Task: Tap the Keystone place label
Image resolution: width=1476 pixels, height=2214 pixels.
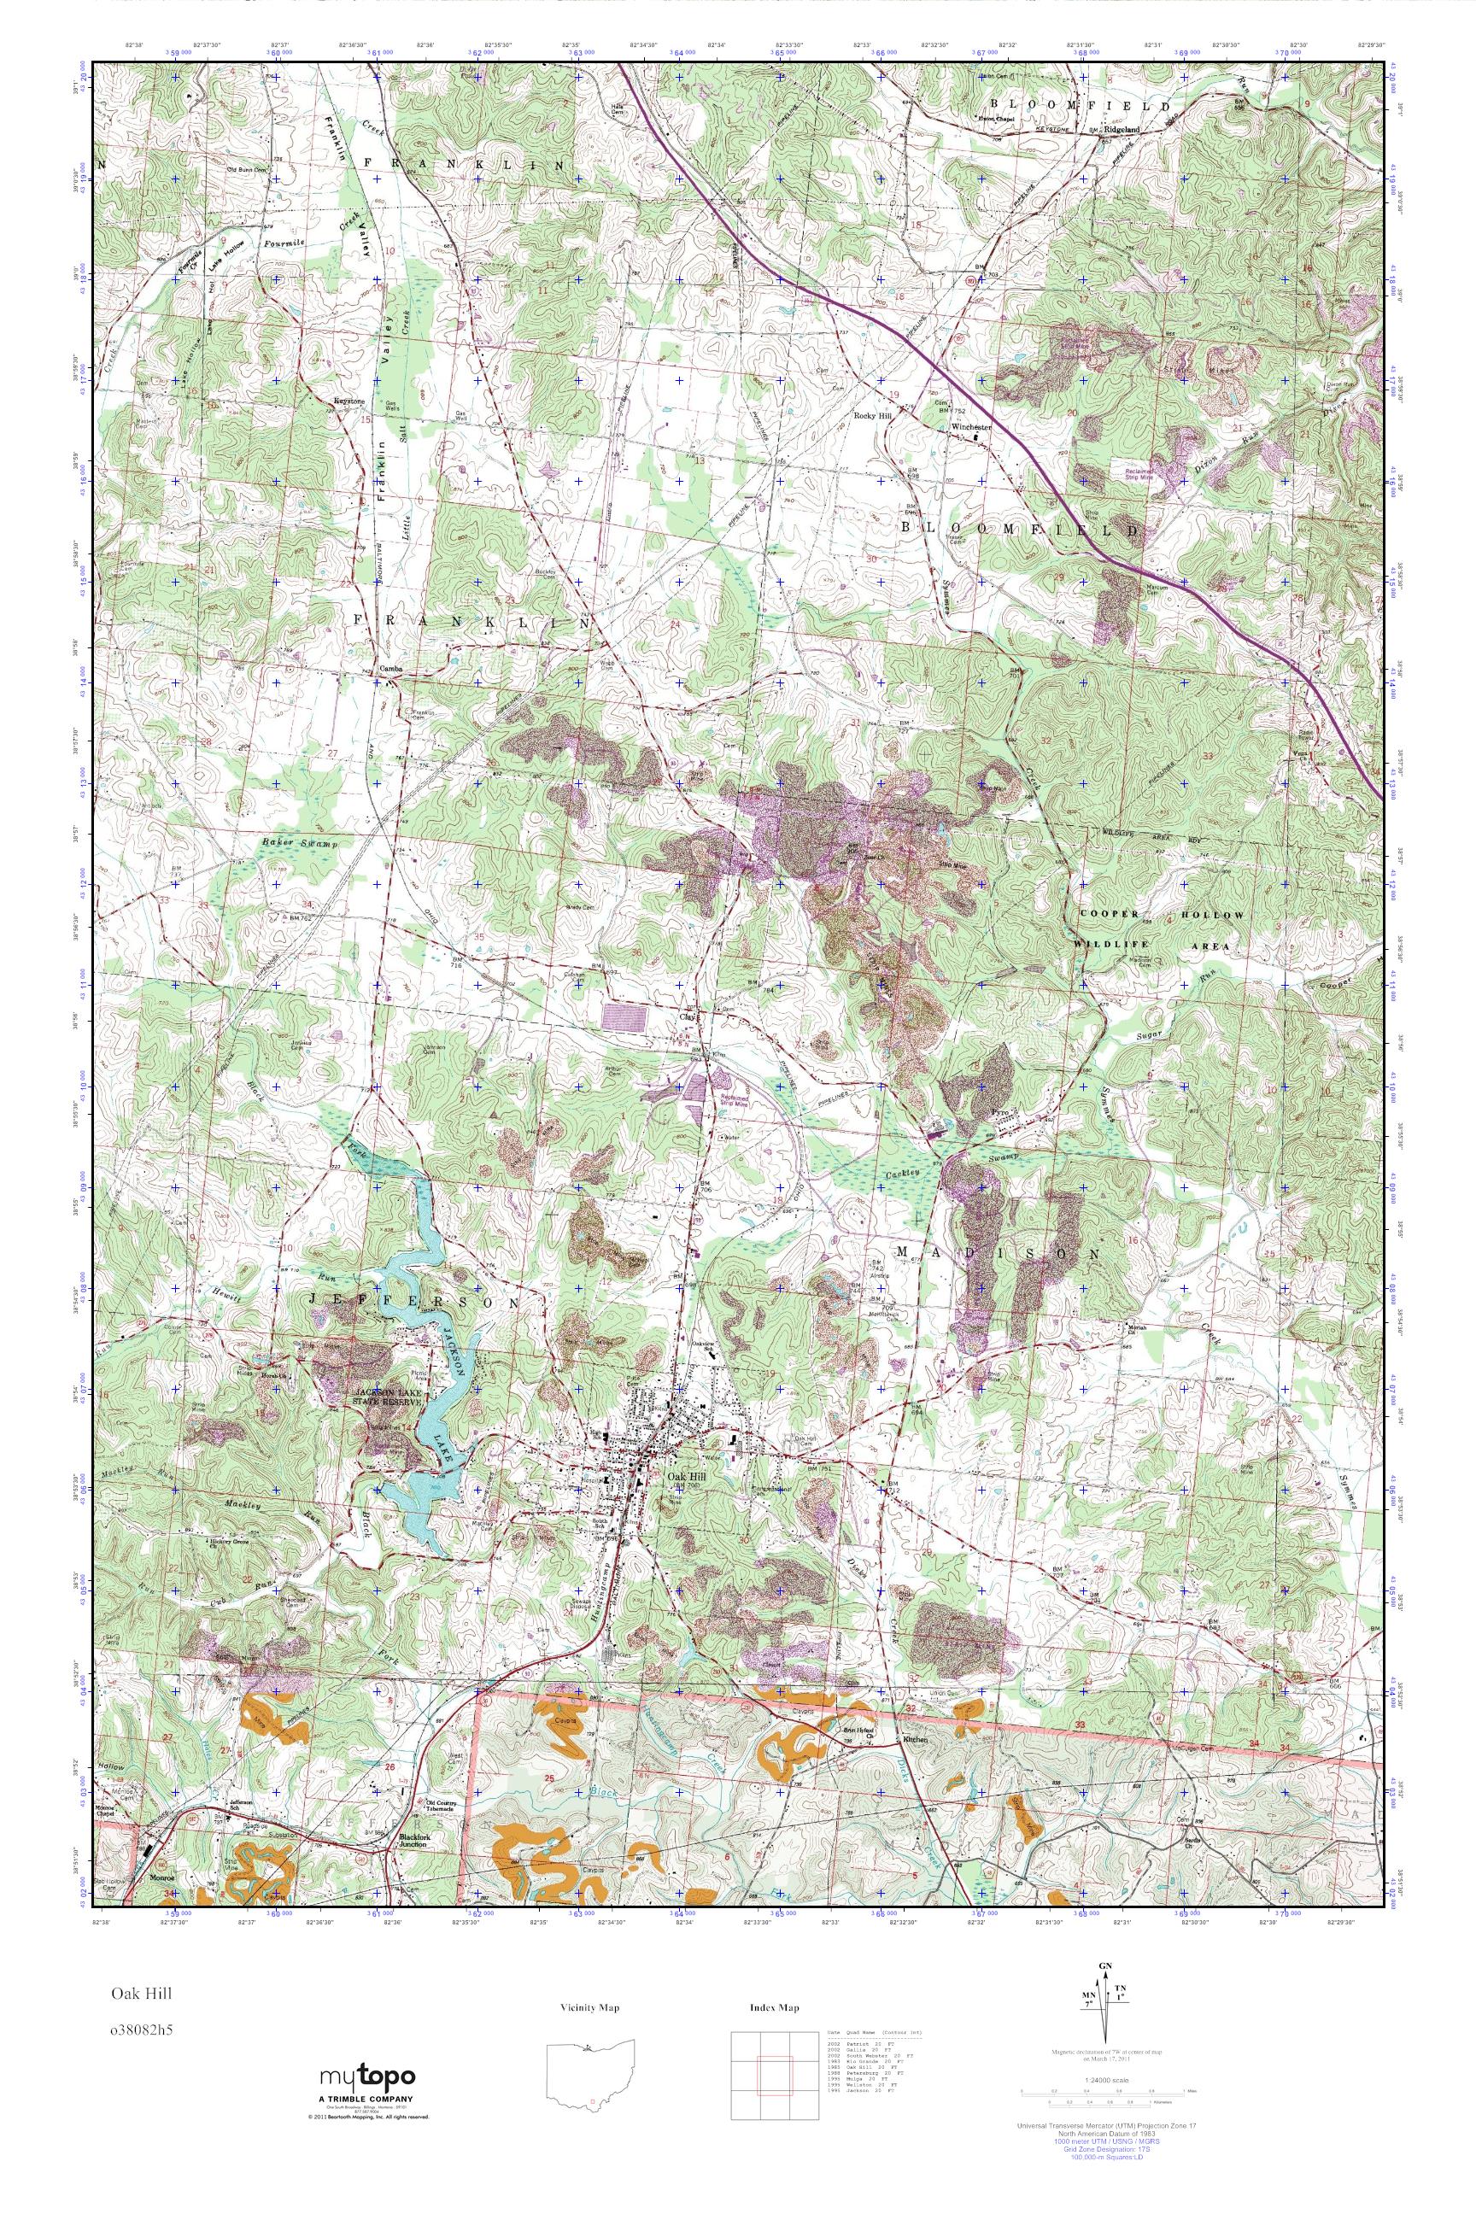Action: [348, 400]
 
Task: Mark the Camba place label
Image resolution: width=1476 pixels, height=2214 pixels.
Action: [390, 670]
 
